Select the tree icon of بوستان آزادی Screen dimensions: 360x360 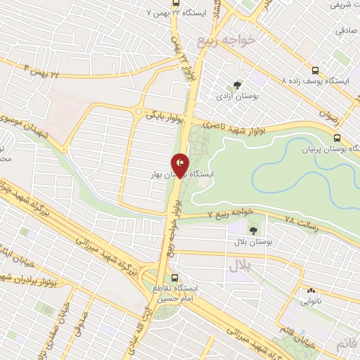click(x=237, y=85)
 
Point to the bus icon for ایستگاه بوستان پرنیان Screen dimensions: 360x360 click(x=337, y=138)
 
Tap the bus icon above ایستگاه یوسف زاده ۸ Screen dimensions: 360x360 click(x=314, y=70)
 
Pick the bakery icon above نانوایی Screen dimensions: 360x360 click(x=310, y=290)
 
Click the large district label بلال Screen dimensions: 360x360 click(x=239, y=266)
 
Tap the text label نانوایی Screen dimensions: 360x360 click(x=311, y=301)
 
